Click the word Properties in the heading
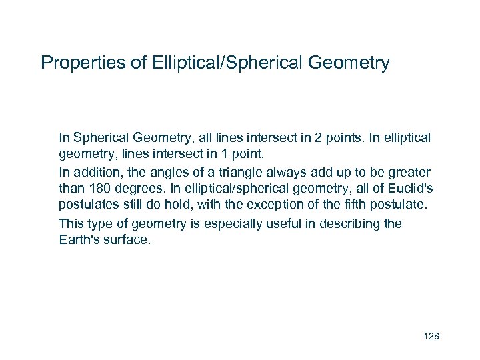(x=75, y=63)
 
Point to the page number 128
(x=431, y=336)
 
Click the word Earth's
(x=78, y=239)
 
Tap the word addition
(x=96, y=171)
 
